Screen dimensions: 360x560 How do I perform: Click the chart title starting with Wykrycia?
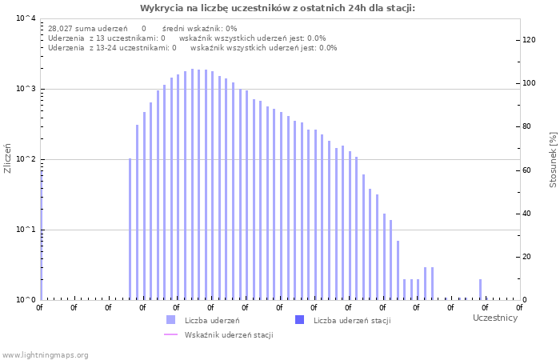pos(278,8)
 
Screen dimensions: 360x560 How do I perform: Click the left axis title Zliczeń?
pos(8,158)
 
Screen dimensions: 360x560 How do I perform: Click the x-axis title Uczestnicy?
pos(495,318)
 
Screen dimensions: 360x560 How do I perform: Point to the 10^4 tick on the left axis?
pos(26,18)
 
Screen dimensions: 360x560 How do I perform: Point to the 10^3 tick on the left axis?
pos(26,89)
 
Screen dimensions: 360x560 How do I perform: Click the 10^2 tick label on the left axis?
pos(26,159)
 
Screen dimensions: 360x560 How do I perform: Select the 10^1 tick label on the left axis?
pos(26,230)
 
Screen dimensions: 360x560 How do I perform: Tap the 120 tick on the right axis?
pos(528,40)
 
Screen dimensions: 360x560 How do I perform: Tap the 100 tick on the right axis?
pos(528,83)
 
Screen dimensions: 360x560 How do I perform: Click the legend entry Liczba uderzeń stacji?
pos(351,321)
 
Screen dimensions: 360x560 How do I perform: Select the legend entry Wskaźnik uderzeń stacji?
pos(228,335)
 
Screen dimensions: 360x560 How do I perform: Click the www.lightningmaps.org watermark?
pos(45,354)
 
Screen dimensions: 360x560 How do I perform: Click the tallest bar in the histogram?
pos(192,184)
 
